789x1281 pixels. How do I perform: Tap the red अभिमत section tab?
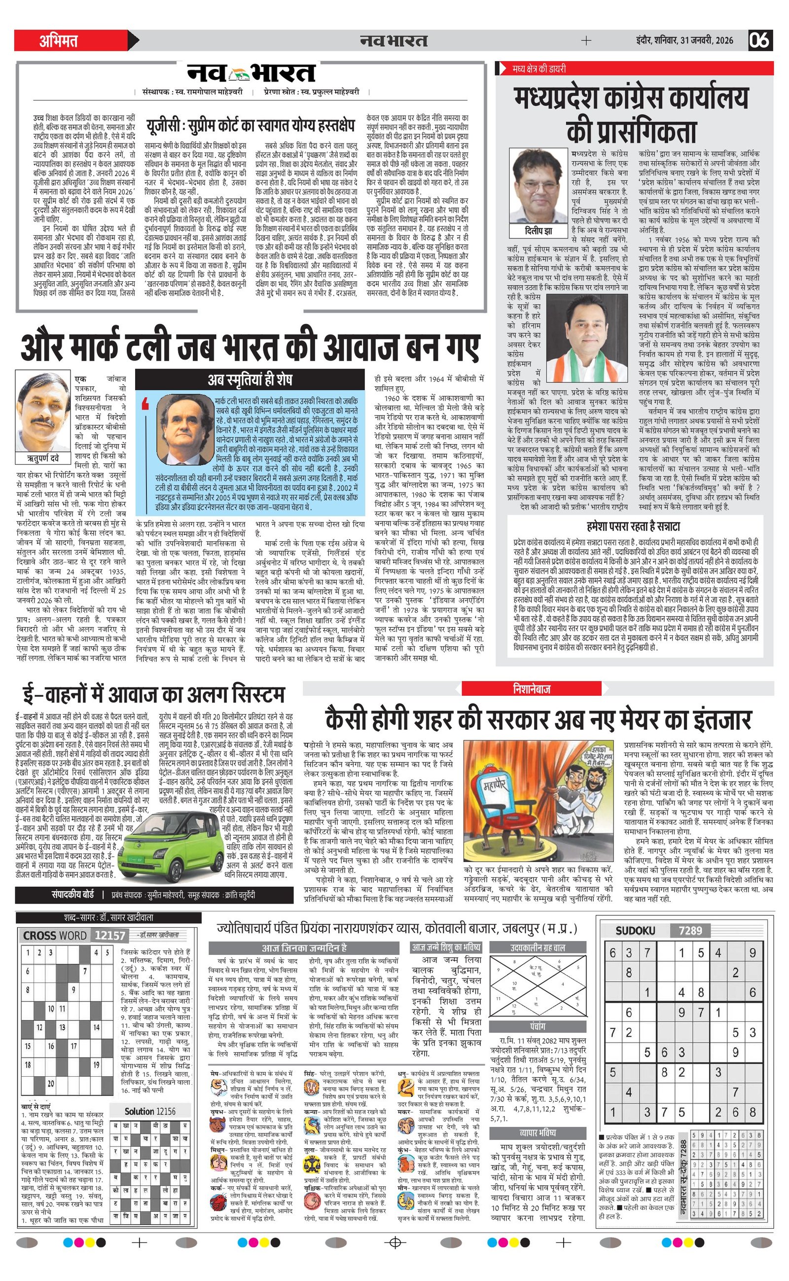(59, 41)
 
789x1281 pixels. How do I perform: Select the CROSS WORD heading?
(55, 936)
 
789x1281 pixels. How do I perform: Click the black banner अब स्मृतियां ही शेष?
(250, 379)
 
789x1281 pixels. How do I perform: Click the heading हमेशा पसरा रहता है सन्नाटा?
(633, 526)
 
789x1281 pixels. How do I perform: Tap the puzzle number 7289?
(690, 930)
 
